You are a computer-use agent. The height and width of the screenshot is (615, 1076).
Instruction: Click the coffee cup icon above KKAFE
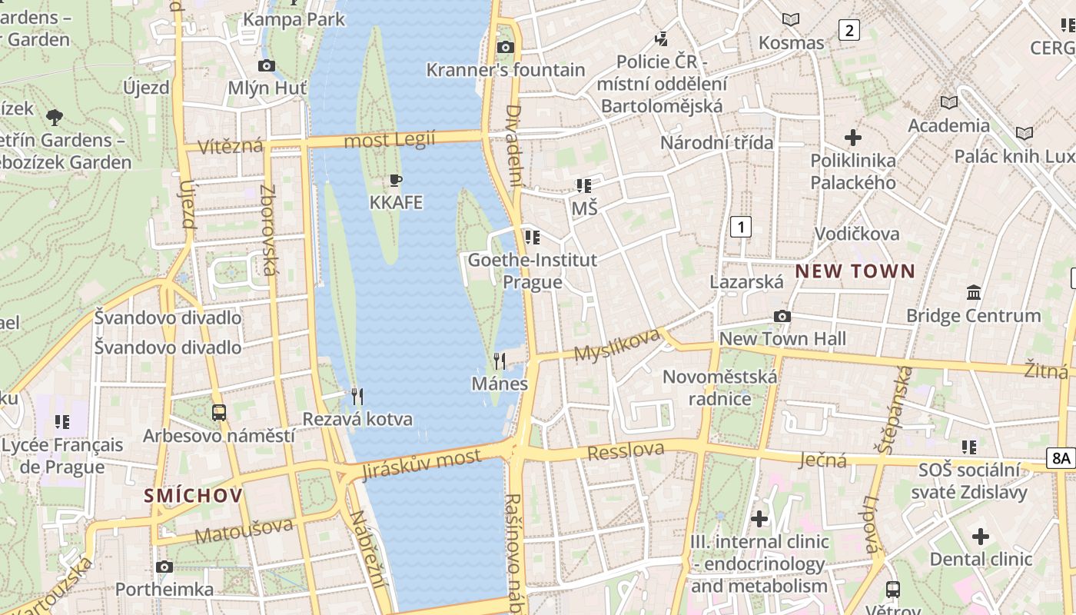[396, 181]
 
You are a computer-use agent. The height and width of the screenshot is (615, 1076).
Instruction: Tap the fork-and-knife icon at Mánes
[500, 361]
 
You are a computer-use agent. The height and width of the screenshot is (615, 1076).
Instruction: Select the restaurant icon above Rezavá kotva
[357, 397]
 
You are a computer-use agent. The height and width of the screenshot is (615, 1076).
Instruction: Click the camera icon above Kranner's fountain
[505, 48]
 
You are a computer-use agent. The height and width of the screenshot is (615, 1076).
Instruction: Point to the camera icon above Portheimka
[164, 567]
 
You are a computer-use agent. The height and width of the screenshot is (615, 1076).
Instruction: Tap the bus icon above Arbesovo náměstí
[219, 413]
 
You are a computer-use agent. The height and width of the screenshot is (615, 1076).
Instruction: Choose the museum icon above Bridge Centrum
[974, 293]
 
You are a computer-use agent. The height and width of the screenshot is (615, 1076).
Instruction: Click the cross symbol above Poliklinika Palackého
[852, 138]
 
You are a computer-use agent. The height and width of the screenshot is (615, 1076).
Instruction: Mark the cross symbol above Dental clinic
[980, 537]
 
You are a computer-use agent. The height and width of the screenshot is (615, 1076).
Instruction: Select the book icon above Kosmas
[790, 20]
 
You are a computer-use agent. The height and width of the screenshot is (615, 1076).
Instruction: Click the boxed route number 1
[740, 227]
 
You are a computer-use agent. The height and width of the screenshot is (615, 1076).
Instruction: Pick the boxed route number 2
[849, 31]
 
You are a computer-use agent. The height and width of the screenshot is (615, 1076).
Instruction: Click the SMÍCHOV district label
[193, 496]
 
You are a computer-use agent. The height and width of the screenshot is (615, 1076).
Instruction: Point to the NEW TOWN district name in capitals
[855, 271]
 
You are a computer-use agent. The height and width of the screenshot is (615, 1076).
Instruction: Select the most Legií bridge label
[389, 140]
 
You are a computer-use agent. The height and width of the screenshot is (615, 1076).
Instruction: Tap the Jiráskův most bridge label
[422, 464]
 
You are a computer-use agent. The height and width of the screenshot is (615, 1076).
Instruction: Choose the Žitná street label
[1045, 371]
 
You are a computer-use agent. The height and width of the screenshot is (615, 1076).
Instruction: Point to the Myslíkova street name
[617, 345]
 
